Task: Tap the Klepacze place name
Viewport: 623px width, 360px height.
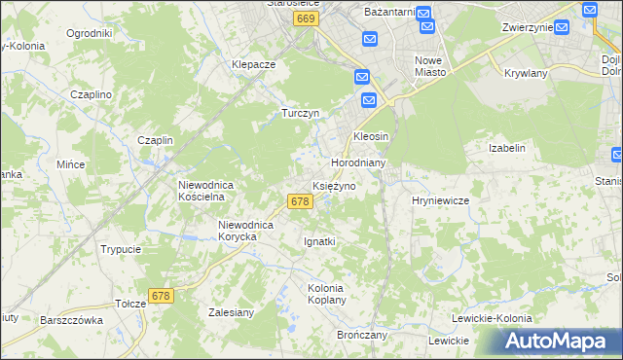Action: click(x=254, y=64)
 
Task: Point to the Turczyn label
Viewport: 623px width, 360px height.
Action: click(x=301, y=112)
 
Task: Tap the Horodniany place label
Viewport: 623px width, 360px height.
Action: click(x=359, y=162)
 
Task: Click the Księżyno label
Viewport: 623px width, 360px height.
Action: click(x=334, y=185)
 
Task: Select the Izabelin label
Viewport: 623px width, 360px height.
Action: click(x=506, y=148)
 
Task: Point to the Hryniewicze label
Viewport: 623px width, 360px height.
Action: click(x=441, y=199)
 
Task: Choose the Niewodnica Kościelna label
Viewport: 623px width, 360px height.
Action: click(x=202, y=190)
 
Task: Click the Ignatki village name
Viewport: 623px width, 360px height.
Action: click(x=319, y=240)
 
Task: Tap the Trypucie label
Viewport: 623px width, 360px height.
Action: click(x=121, y=249)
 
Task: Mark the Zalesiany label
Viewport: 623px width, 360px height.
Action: click(x=232, y=312)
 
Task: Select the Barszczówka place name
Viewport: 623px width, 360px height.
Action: click(x=71, y=319)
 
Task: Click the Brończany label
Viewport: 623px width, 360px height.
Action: click(x=362, y=334)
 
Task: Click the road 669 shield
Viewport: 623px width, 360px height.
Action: click(x=306, y=18)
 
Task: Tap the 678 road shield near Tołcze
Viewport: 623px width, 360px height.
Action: click(x=162, y=295)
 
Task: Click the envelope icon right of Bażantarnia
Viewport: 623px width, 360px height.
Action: click(x=426, y=13)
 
